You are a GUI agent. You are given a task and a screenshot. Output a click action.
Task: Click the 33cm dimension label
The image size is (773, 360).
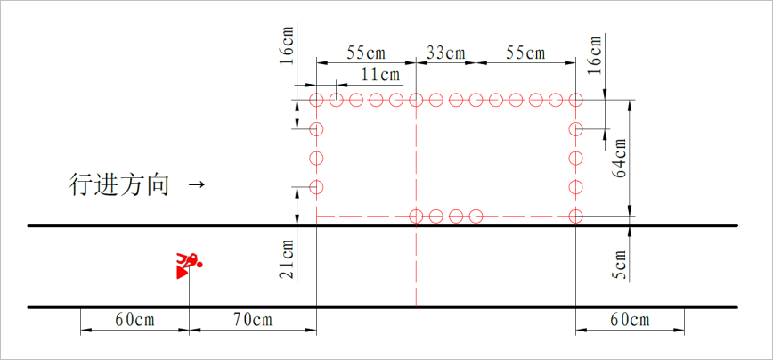(445, 53)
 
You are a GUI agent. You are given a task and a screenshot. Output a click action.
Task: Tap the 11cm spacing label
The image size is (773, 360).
(380, 75)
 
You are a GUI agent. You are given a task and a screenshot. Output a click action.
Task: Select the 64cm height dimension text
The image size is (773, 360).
(620, 158)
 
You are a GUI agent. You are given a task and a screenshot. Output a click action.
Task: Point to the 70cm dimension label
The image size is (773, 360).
(252, 320)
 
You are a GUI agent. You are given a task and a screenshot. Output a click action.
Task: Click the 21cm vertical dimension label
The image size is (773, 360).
(287, 259)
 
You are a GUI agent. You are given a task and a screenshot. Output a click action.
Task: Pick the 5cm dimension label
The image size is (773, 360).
(620, 265)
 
